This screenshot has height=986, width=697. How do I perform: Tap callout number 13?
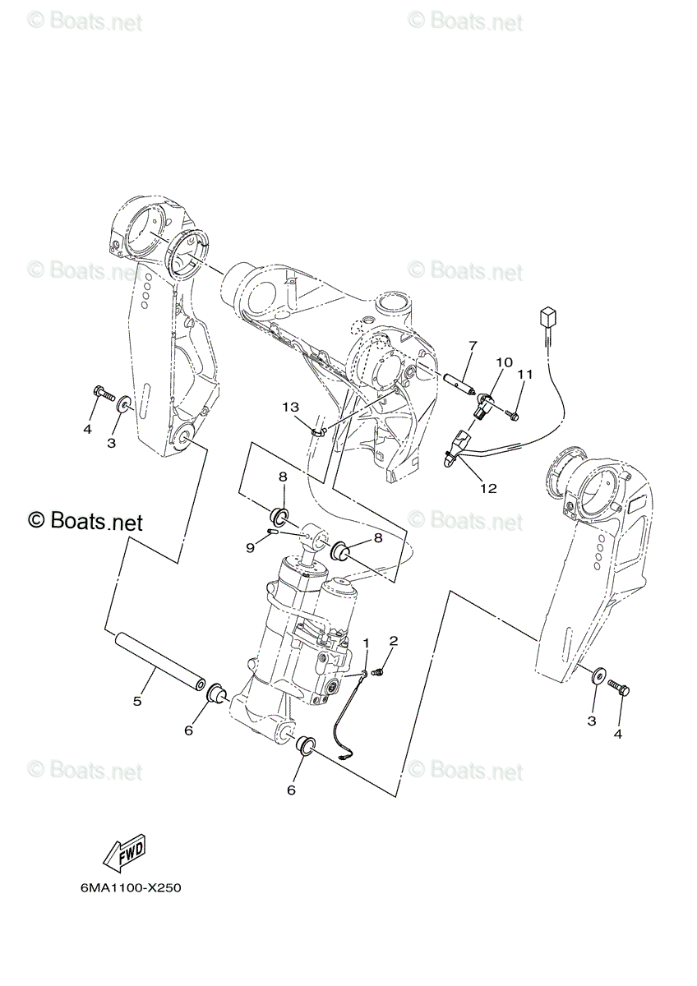pyautogui.click(x=291, y=408)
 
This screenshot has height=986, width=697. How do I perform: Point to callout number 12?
pyautogui.click(x=489, y=488)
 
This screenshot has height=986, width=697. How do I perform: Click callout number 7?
pyautogui.click(x=473, y=346)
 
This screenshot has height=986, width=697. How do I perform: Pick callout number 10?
pyautogui.click(x=505, y=362)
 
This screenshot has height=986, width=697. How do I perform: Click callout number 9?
pyautogui.click(x=251, y=549)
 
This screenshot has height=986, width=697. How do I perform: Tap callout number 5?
pyautogui.click(x=137, y=701)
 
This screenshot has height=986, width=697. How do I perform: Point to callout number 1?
pyautogui.click(x=366, y=643)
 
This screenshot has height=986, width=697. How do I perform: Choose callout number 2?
pyautogui.click(x=393, y=640)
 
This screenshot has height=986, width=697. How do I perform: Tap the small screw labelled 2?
pyautogui.click(x=378, y=672)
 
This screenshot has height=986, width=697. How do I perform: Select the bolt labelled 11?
pyautogui.click(x=513, y=414)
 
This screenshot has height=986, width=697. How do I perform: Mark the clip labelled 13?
pyautogui.click(x=319, y=432)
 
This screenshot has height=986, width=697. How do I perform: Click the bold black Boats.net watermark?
pyautogui.click(x=85, y=522)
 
